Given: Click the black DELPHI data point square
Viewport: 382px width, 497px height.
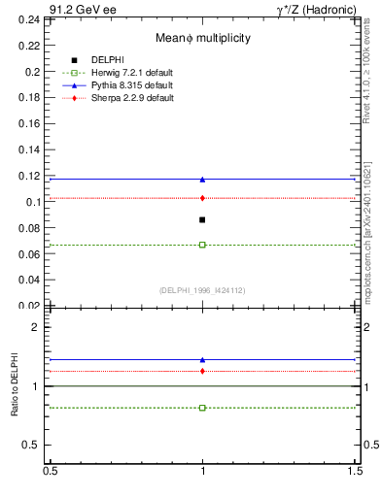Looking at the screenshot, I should click(202, 220).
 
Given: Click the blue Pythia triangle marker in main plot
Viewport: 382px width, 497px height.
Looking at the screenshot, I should click(202, 179).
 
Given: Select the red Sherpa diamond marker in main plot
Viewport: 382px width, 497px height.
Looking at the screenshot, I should click(202, 198).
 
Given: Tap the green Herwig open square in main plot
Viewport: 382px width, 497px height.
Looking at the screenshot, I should click(202, 245).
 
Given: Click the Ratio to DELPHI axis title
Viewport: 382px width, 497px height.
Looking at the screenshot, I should click(15, 385).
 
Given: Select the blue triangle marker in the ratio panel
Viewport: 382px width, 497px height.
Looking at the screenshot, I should click(202, 359).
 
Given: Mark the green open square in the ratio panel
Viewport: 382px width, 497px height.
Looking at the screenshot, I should click(202, 408).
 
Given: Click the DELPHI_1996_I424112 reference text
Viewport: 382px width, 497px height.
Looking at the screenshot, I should click(202, 289).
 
